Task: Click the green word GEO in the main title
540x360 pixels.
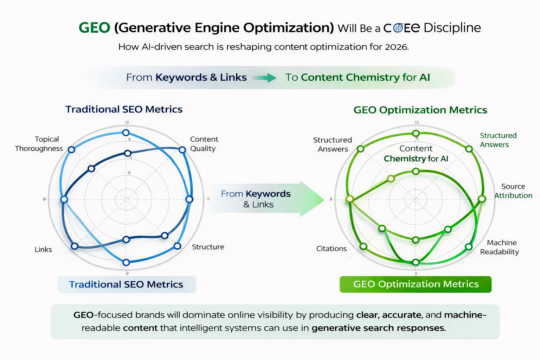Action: click(x=94, y=28)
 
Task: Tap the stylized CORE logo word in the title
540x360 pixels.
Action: click(x=401, y=28)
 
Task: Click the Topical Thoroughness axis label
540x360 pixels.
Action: click(x=39, y=144)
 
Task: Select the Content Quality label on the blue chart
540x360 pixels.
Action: click(x=204, y=144)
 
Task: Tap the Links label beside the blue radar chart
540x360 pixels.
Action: click(x=43, y=250)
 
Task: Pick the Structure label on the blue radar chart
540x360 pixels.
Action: click(x=208, y=247)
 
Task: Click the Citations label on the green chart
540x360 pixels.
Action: click(x=331, y=249)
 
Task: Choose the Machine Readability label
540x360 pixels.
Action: click(x=500, y=247)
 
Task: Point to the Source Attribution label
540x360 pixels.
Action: click(x=513, y=191)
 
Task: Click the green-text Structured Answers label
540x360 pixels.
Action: click(x=498, y=140)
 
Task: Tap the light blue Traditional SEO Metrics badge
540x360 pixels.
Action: click(x=127, y=284)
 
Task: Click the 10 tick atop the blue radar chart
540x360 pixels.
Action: click(x=127, y=122)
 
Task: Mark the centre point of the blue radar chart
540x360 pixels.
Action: click(x=126, y=199)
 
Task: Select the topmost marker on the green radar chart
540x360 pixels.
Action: click(x=416, y=133)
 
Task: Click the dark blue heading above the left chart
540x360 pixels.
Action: click(x=124, y=109)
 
